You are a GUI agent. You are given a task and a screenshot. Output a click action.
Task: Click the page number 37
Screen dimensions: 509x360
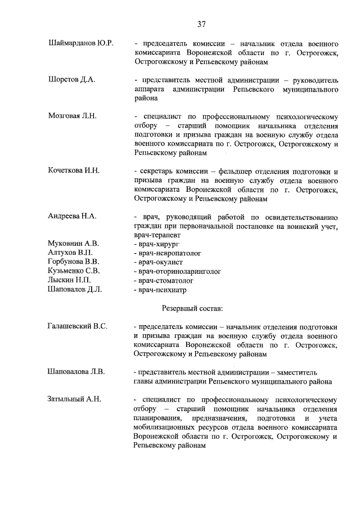pyautogui.click(x=201, y=24)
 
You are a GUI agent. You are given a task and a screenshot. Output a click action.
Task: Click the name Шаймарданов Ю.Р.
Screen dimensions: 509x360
pyautogui.click(x=82, y=43)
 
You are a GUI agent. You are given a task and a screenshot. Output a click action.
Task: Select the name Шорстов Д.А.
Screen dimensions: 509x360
pyautogui.click(x=72, y=80)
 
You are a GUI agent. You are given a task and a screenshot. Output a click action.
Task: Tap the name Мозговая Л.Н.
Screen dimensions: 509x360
pyautogui.click(x=73, y=116)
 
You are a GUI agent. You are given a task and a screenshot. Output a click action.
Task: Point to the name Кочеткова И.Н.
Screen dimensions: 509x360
pyautogui.click(x=74, y=170)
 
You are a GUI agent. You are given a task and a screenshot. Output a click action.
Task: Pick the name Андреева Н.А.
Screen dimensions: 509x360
pyautogui.click(x=73, y=216)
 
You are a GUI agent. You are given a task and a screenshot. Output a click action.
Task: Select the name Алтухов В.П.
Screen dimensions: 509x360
pyautogui.click(x=70, y=253)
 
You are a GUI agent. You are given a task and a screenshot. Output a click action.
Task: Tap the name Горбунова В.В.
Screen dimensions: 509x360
pyautogui.click(x=74, y=262)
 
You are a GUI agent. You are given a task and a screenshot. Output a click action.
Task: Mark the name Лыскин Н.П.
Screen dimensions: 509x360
pyautogui.click(x=70, y=280)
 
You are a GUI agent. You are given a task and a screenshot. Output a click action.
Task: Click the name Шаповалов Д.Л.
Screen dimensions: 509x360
pyautogui.click(x=75, y=290)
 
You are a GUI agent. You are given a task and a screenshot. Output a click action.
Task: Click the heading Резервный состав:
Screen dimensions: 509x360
pyautogui.click(x=192, y=308)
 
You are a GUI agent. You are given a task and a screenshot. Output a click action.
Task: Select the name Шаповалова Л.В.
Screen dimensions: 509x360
pyautogui.click(x=76, y=372)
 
